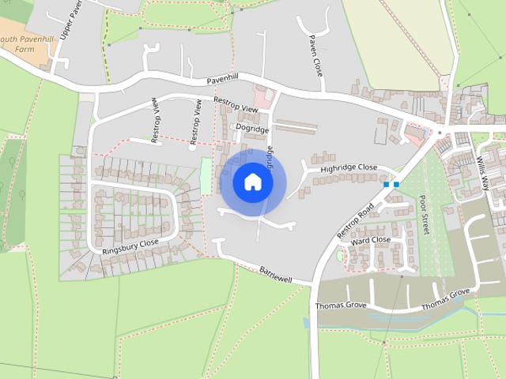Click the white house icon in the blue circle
coord(252,182)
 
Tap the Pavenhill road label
coord(222,81)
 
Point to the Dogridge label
coord(253,129)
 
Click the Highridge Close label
coord(349,168)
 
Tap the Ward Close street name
coord(371,240)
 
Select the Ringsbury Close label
coord(130,246)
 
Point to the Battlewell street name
coord(275,275)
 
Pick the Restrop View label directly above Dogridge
coord(236,105)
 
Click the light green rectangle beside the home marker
coord(206,174)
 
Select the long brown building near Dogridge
coord(296,126)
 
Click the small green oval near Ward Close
coord(341,255)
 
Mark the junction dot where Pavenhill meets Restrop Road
coord(440,131)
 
